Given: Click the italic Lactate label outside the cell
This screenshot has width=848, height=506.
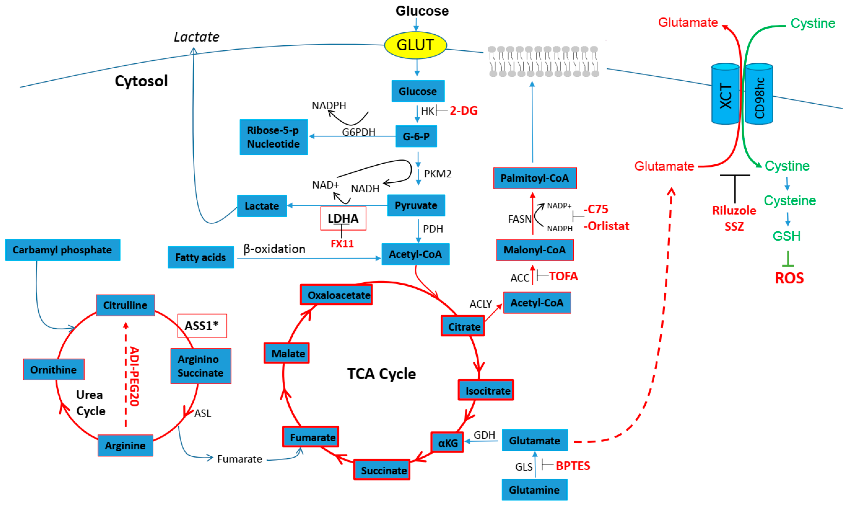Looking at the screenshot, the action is [197, 37].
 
